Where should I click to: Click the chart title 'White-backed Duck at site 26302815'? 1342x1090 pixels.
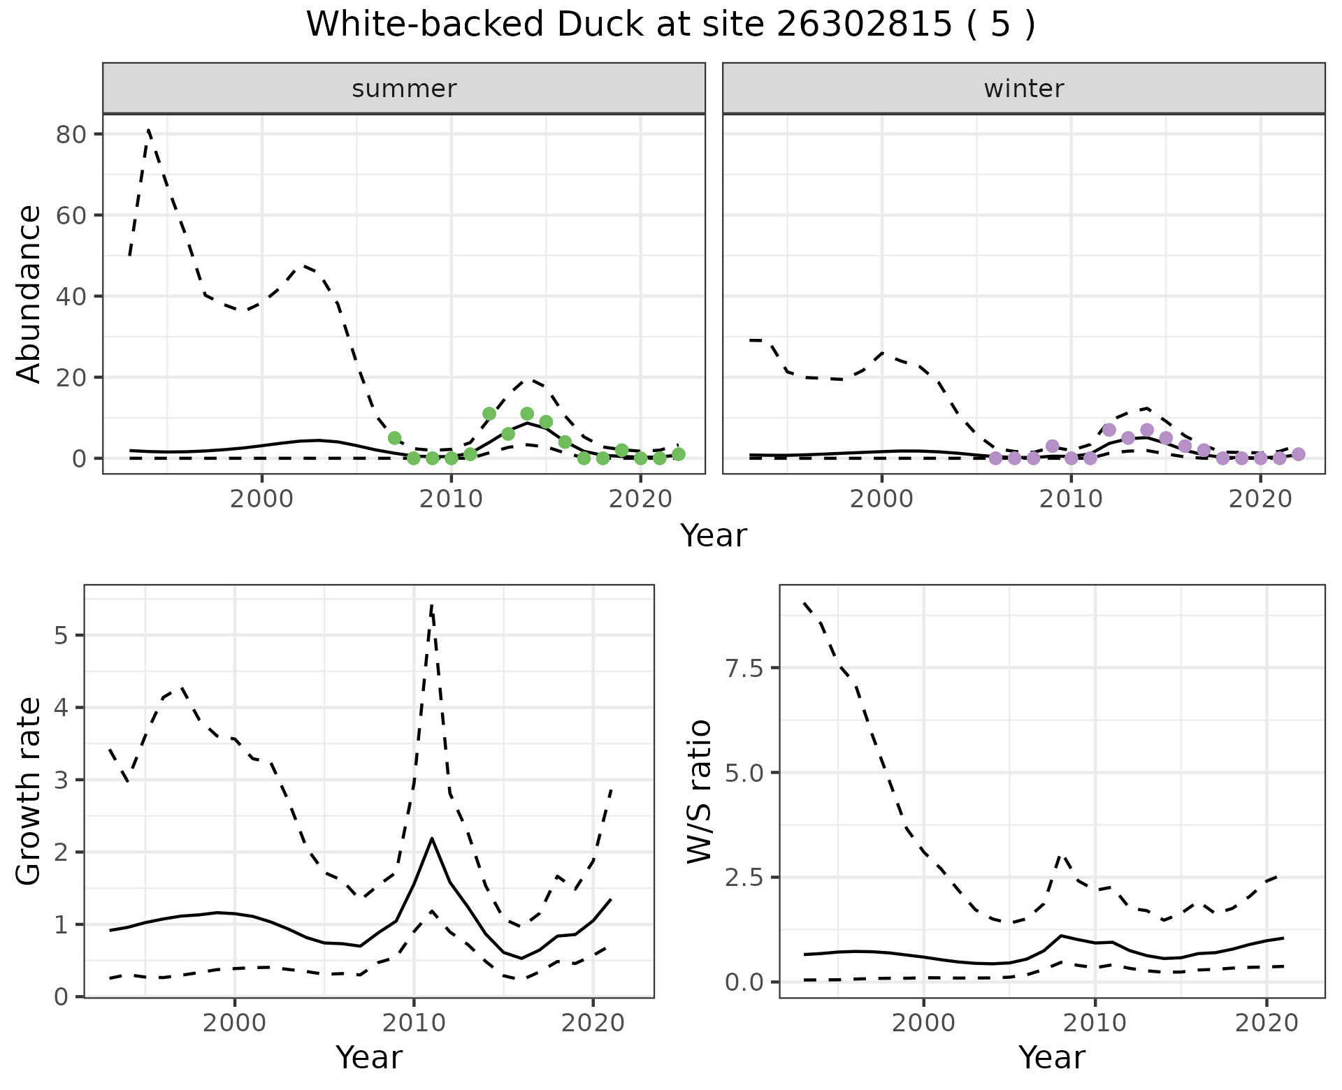coord(670,25)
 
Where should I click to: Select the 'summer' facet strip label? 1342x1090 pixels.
coord(404,89)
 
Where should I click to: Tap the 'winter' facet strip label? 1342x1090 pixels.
coord(1023,89)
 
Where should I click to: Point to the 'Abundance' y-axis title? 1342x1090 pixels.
coord(29,293)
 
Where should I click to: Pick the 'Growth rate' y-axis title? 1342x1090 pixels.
coord(29,791)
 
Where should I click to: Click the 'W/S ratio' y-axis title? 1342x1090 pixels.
coord(699,791)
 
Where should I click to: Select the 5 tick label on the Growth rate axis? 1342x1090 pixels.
coord(61,636)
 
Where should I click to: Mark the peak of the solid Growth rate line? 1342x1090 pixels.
coord(432,838)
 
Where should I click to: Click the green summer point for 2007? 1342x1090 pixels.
coord(394,438)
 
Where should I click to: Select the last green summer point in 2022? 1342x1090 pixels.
coord(678,454)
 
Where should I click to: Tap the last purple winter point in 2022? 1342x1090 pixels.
coord(1298,454)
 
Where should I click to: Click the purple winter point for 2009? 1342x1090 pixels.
coord(1052,446)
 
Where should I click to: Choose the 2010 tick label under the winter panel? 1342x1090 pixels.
coord(1070,499)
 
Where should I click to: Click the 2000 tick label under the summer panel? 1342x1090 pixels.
coord(261,499)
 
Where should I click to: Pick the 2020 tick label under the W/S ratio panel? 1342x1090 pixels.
coord(1267,1023)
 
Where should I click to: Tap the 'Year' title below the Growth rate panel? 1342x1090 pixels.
coord(368,1058)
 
